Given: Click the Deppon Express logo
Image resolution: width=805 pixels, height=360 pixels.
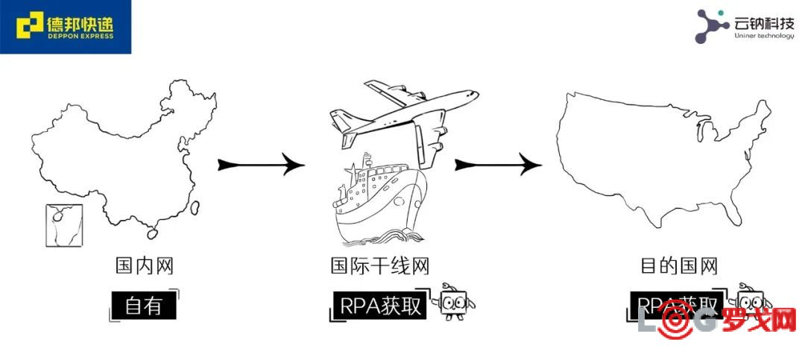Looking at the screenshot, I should [x=66, y=27].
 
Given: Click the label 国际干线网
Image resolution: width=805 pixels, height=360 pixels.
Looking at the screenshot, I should [x=380, y=265].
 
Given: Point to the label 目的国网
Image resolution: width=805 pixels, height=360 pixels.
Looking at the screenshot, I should [x=679, y=265].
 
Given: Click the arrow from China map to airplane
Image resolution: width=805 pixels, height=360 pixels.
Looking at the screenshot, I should [x=261, y=165].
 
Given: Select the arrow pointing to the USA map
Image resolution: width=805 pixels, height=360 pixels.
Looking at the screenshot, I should [x=498, y=165].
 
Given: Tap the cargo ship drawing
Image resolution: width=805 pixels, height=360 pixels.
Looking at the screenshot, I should [x=376, y=201].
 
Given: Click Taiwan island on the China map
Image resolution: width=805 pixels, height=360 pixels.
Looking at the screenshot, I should [x=195, y=209].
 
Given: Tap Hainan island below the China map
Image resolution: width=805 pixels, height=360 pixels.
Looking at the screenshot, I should [x=153, y=233].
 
